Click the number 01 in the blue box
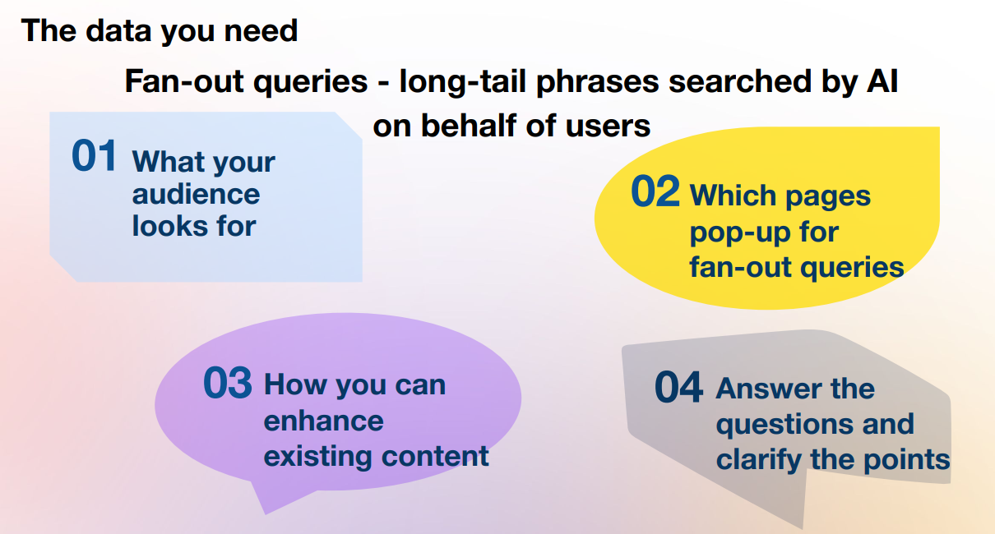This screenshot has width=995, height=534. point(94,155)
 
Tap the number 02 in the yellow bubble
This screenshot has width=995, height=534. point(655,191)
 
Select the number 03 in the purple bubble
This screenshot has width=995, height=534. point(228,383)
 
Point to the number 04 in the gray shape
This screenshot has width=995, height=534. point(678,387)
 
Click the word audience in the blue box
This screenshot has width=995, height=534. point(196,195)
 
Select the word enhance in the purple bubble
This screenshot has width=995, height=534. point(323,421)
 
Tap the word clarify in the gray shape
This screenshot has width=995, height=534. point(759,460)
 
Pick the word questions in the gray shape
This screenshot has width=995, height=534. point(784,426)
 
